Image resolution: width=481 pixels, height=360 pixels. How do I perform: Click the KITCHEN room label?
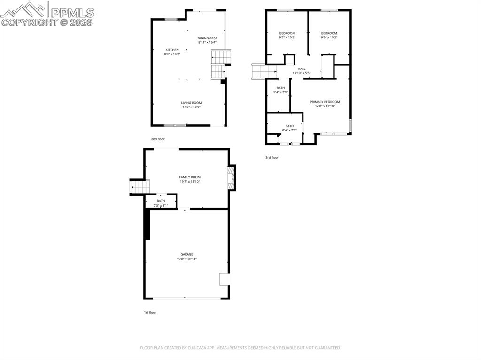point(172,50)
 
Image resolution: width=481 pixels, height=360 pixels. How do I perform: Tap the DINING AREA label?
point(207,38)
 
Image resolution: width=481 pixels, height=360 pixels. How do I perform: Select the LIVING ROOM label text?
point(191,103)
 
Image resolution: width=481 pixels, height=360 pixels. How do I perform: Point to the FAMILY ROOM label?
point(189,177)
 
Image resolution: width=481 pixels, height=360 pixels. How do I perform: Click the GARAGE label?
point(186,254)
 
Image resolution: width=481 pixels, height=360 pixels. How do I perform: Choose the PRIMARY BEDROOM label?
point(325,102)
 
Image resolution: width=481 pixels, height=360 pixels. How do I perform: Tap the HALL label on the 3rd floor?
point(301,69)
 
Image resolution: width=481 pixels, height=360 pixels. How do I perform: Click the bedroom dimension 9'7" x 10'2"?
point(287,37)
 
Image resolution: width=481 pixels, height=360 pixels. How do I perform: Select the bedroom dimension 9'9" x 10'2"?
point(329,37)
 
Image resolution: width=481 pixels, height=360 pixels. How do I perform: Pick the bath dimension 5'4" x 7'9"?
point(280,92)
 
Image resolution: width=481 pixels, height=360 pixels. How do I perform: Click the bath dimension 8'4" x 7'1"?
point(289,130)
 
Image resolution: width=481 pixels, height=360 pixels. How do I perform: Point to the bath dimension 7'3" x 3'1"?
point(161,205)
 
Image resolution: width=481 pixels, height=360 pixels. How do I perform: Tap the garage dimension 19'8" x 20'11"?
point(186,259)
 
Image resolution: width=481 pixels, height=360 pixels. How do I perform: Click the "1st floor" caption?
point(150,312)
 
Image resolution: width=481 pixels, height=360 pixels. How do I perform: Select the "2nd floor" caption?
point(158,139)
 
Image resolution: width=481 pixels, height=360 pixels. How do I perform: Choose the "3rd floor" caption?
point(272,158)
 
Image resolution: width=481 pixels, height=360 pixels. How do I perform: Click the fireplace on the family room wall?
point(231,178)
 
